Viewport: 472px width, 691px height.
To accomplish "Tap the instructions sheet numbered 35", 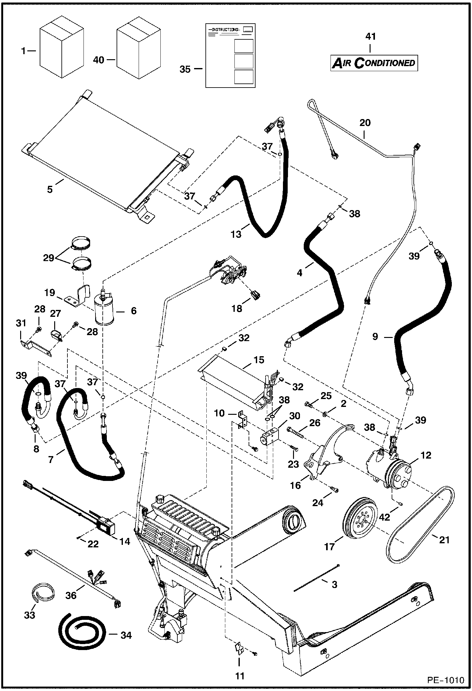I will pyautogui.click(x=230, y=55).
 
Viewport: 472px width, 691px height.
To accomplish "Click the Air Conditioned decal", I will pyautogui.click(x=374, y=63).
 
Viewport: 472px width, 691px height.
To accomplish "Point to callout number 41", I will pyautogui.click(x=370, y=37).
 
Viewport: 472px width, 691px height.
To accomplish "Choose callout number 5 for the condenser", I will pyautogui.click(x=50, y=190).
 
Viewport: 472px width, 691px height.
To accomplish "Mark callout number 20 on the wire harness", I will pyautogui.click(x=365, y=123).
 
